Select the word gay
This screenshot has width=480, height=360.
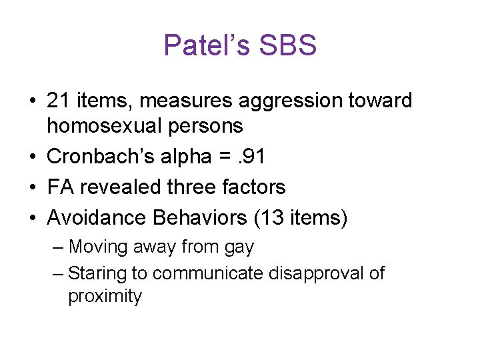[240, 248]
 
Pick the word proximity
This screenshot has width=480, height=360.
[105, 297]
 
